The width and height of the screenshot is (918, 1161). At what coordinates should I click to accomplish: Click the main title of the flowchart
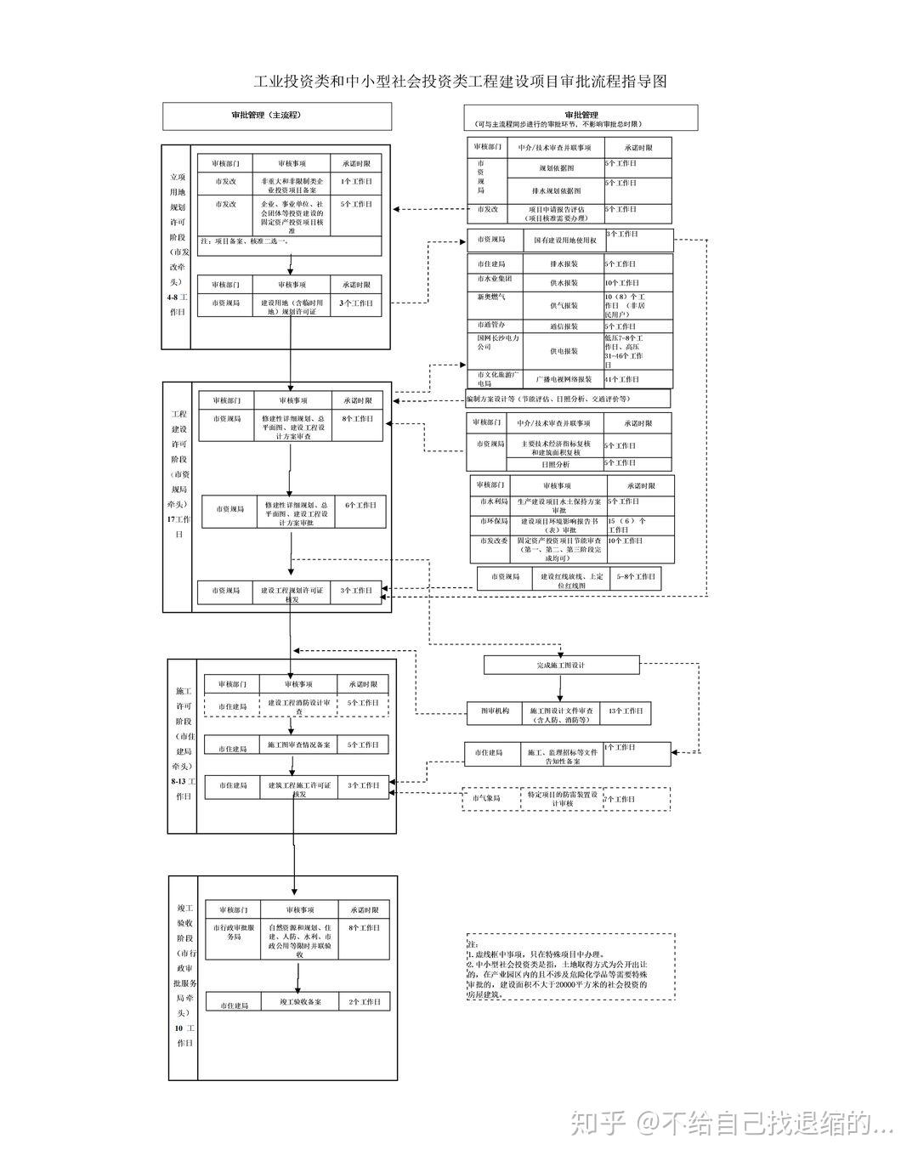(x=460, y=82)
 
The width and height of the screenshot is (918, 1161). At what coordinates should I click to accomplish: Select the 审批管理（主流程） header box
(x=277, y=116)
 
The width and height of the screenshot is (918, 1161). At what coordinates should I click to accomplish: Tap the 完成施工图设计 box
(x=561, y=665)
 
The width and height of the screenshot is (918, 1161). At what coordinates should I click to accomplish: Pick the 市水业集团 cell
(x=494, y=280)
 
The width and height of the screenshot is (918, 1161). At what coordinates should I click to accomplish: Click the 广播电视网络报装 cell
(x=564, y=379)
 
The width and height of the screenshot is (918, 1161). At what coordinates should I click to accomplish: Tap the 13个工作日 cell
(x=626, y=711)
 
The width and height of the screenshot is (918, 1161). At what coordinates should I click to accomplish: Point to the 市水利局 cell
(x=493, y=502)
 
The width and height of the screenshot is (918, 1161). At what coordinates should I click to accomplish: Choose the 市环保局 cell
(x=493, y=522)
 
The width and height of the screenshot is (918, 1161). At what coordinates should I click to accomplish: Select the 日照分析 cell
(x=556, y=464)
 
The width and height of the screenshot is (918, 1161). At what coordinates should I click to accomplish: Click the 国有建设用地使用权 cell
(x=564, y=241)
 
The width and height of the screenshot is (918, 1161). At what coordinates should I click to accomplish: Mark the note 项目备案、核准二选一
(x=246, y=241)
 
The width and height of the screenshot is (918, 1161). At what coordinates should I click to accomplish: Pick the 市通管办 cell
(x=492, y=326)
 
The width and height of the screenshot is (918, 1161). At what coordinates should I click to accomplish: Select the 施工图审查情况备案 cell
(x=298, y=745)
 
